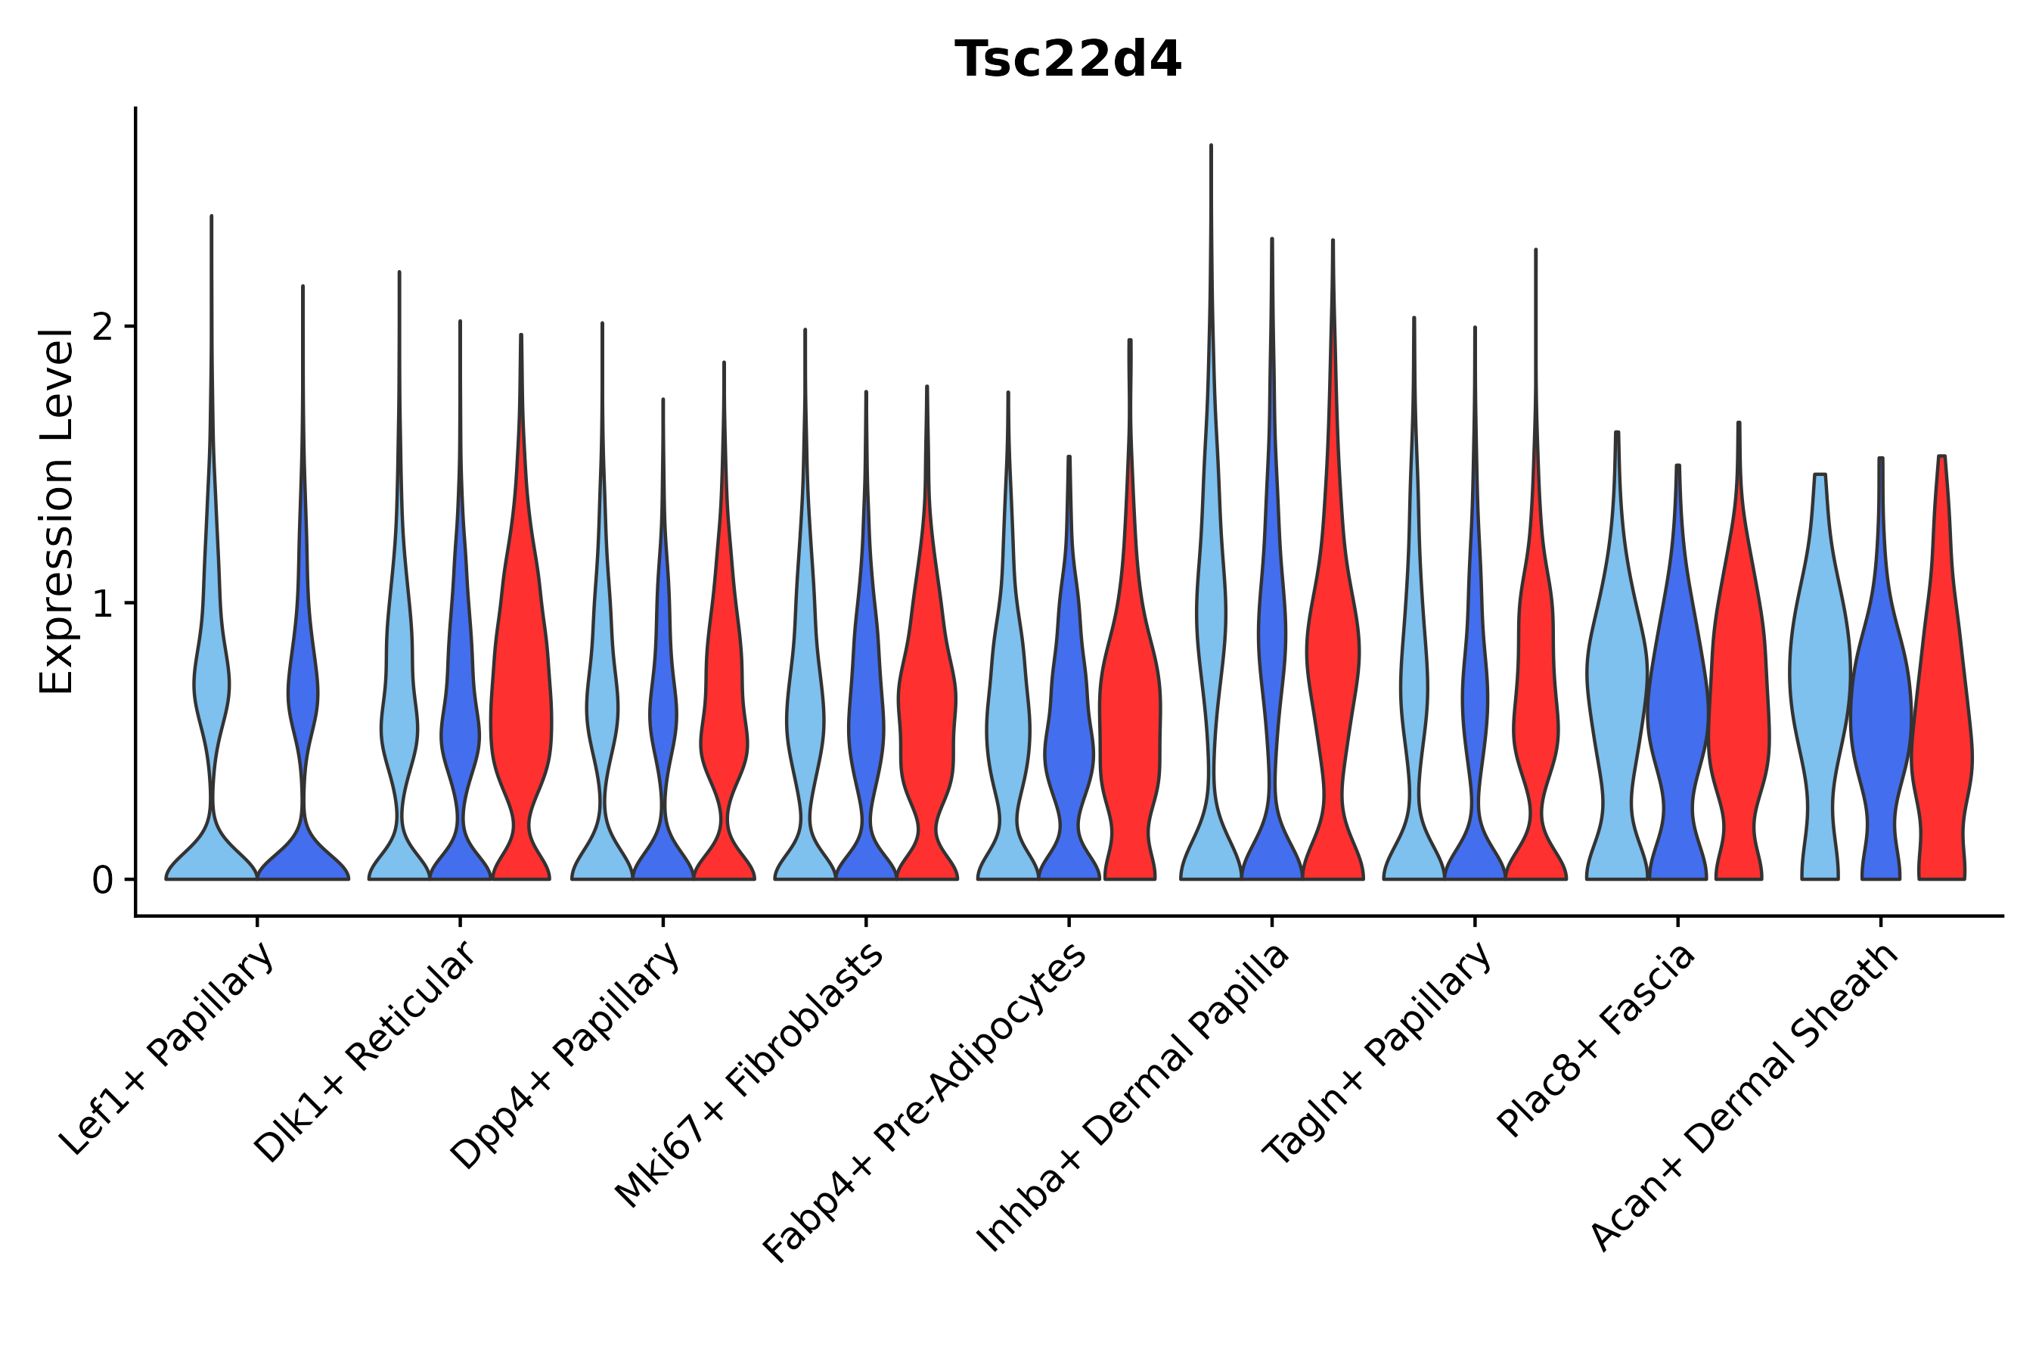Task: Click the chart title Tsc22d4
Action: point(1067,61)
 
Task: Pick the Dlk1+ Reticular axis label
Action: point(365,1052)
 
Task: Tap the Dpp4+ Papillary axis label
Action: point(564,1055)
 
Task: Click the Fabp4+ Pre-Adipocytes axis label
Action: point(925,1102)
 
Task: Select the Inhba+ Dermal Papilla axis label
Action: point(1133,1098)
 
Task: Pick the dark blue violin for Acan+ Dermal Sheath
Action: point(1880,712)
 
